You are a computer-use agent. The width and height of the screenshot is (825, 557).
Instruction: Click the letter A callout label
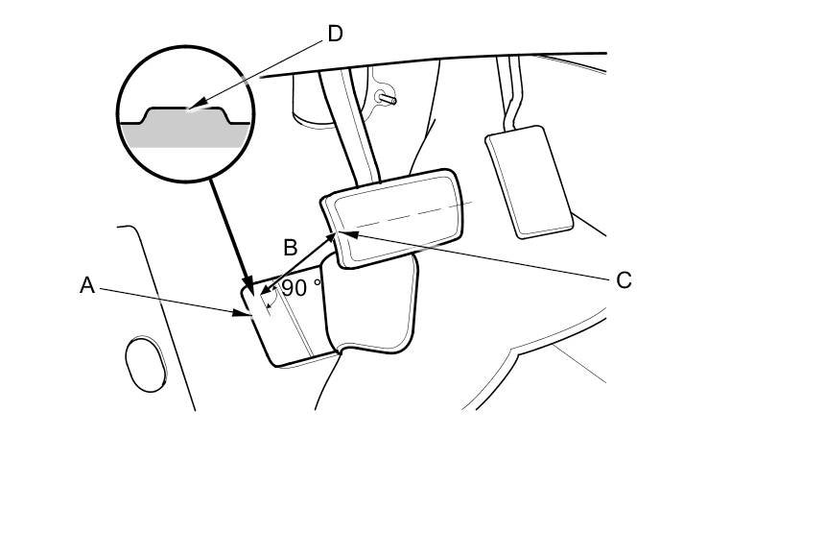click(87, 285)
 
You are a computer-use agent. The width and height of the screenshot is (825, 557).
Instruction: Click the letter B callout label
click(291, 247)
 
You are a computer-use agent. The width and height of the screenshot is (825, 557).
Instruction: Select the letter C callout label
click(624, 280)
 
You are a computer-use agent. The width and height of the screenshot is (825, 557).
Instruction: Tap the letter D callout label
click(335, 35)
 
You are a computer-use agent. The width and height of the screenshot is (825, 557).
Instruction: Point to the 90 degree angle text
click(301, 287)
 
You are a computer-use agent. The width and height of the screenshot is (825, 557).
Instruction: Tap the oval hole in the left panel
click(144, 364)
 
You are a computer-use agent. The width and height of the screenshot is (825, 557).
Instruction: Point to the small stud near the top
click(388, 96)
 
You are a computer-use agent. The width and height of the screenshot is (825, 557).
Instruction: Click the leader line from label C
click(480, 255)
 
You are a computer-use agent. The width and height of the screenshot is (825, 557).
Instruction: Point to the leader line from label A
click(173, 299)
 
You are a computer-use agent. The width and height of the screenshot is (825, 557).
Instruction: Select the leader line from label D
click(259, 73)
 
